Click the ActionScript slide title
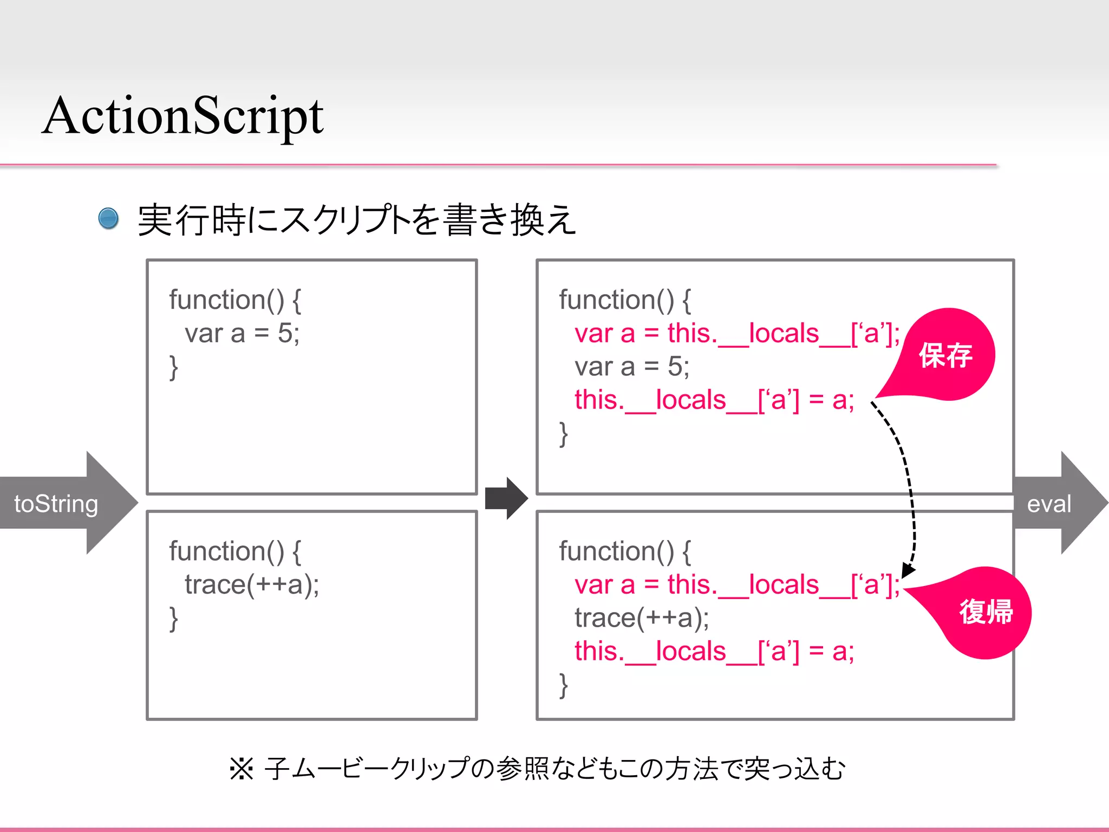(183, 116)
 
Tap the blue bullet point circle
(108, 219)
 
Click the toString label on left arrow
(56, 504)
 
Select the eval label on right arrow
(1049, 504)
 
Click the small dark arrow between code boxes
(506, 498)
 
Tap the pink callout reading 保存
(946, 356)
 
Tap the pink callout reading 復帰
(986, 612)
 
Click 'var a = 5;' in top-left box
(242, 333)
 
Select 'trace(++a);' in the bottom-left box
(252, 584)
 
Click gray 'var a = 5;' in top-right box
(632, 367)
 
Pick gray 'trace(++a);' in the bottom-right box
(642, 618)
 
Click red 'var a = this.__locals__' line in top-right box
(736, 333)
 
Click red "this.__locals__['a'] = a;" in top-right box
(714, 400)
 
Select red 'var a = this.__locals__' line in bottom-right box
(736, 585)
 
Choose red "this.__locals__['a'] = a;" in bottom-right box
(714, 652)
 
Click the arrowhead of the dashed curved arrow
(908, 571)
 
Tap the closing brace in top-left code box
(173, 368)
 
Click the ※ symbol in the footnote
(242, 769)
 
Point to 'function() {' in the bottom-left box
(235, 551)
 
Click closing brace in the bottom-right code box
(563, 686)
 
